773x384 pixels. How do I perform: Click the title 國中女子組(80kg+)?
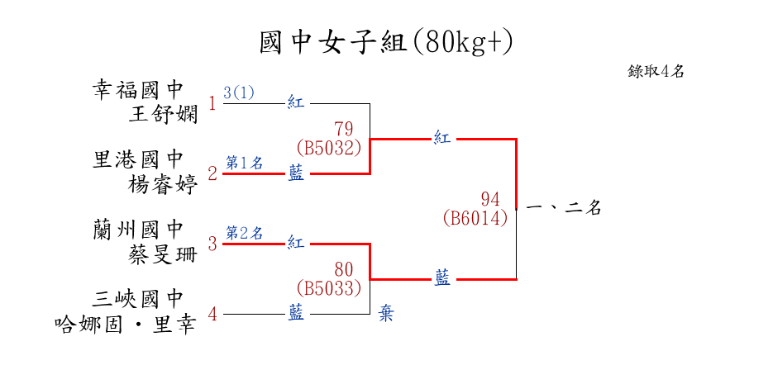pyautogui.click(x=386, y=42)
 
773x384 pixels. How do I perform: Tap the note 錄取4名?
pyautogui.click(x=656, y=72)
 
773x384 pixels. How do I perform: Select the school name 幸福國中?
pyautogui.click(x=137, y=89)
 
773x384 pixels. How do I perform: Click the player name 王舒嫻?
pyautogui.click(x=164, y=113)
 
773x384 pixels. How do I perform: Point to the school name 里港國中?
pyautogui.click(x=137, y=159)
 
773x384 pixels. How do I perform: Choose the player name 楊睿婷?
pyautogui.click(x=164, y=183)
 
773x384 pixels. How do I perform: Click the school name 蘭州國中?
pyautogui.click(x=137, y=229)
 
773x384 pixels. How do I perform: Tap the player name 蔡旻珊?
pyautogui.click(x=164, y=254)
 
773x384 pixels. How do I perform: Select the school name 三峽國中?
pyautogui.click(x=137, y=299)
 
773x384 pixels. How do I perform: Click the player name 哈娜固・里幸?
pyautogui.click(x=124, y=324)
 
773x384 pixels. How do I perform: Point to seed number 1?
pyautogui.click(x=212, y=104)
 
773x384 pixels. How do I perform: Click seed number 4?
pyautogui.click(x=212, y=314)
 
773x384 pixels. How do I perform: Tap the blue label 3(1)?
pyautogui.click(x=239, y=92)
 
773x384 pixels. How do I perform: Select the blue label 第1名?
pyautogui.click(x=244, y=163)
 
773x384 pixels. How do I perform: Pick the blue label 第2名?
pyautogui.click(x=244, y=233)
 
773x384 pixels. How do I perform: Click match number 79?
pyautogui.click(x=344, y=129)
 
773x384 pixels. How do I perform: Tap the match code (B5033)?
pyautogui.click(x=329, y=288)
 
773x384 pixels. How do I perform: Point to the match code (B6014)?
pyautogui.click(x=475, y=219)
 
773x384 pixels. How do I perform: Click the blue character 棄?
pyautogui.click(x=386, y=314)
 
